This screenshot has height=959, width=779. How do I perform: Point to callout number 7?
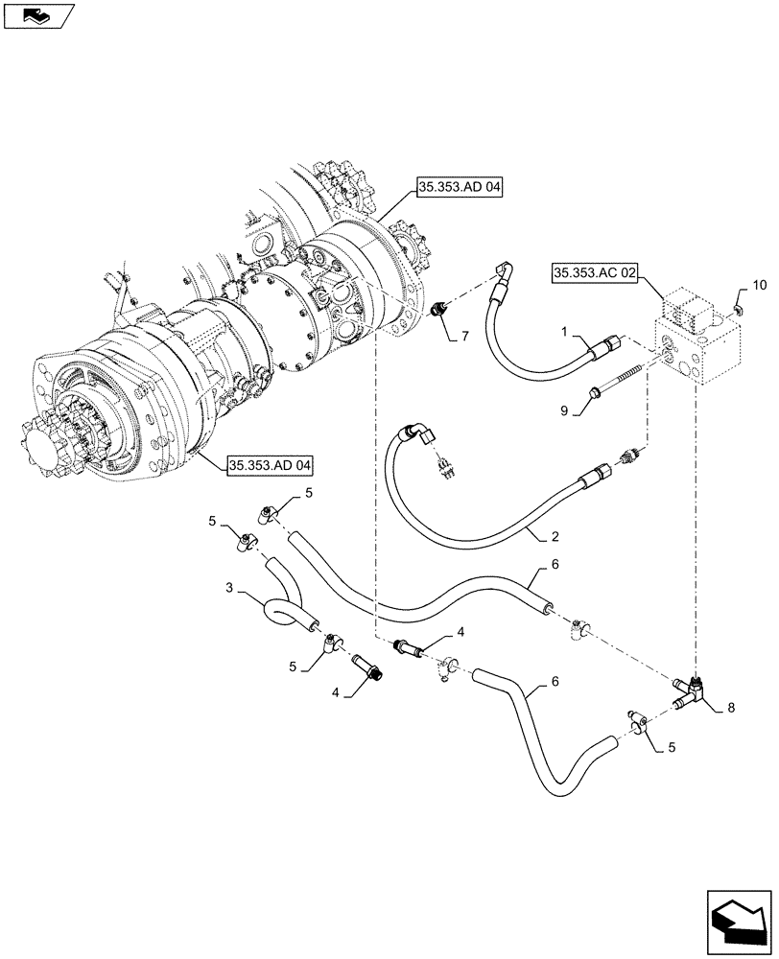(464, 336)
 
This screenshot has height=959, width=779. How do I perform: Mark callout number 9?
(565, 409)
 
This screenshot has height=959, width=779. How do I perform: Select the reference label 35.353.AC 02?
(595, 273)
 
